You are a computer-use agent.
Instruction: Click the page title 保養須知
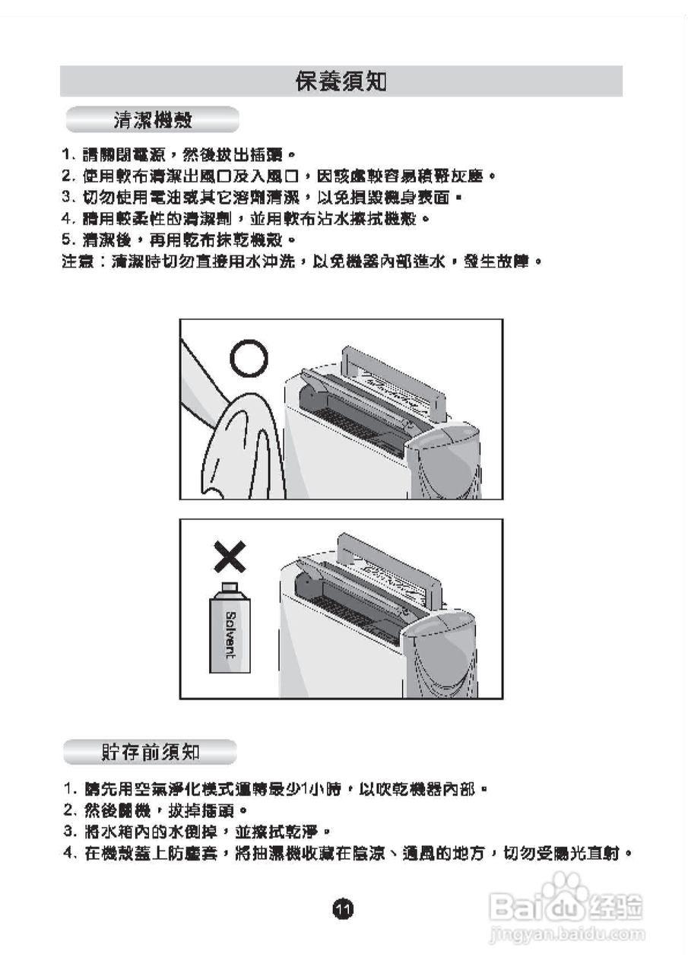click(341, 81)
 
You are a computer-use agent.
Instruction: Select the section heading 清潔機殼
click(152, 120)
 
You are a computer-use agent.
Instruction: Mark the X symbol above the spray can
click(229, 559)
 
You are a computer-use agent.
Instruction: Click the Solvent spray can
click(229, 631)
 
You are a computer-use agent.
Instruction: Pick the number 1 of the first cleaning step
click(66, 155)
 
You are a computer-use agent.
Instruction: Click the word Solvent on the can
click(230, 635)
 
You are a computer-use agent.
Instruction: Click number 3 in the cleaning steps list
click(66, 198)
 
